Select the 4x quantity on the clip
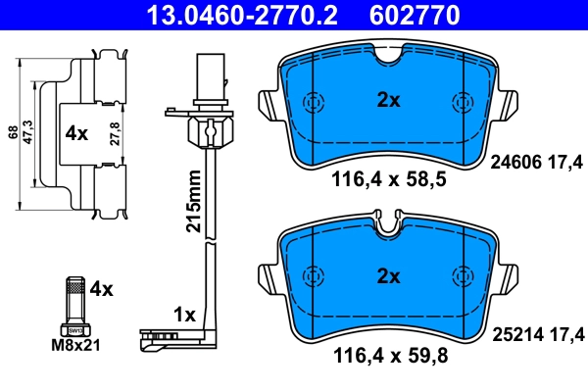coord(76,132)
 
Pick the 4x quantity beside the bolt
coord(102,289)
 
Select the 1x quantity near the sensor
coord(183,315)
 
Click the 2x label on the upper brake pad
coord(389,98)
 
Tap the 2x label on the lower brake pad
coord(389,276)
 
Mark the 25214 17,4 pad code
coord(536,335)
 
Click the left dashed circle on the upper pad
coord(315,103)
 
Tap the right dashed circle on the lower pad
coord(461,277)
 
